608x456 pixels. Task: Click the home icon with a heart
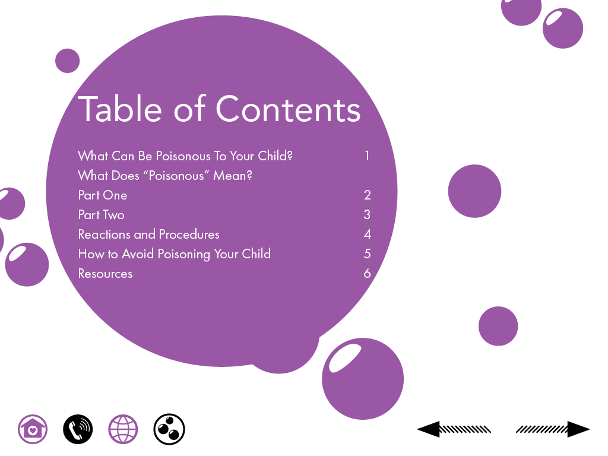[33, 429]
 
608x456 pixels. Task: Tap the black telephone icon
[78, 429]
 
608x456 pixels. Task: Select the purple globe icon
[123, 429]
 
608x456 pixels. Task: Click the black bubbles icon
[169, 429]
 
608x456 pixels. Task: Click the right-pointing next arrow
[553, 429]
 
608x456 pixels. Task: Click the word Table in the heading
[120, 109]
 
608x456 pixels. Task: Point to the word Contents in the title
[288, 109]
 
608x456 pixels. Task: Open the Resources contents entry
[106, 274]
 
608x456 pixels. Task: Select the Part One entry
[103, 195]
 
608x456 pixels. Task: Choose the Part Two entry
[101, 215]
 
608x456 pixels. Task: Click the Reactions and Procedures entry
[149, 234]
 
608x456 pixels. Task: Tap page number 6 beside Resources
[367, 273]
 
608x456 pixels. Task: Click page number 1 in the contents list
[367, 156]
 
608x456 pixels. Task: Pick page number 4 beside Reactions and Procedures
[367, 234]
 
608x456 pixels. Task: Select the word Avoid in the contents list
[138, 254]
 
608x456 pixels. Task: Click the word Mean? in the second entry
[233, 176]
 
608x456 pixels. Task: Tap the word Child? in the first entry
[275, 156]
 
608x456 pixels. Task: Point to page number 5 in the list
[367, 254]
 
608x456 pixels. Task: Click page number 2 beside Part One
[367, 195]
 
